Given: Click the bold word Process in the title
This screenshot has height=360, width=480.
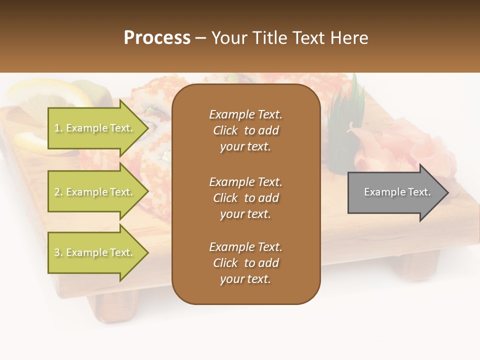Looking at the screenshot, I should [157, 38].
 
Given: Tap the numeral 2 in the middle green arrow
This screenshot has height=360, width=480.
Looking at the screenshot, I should [57, 192].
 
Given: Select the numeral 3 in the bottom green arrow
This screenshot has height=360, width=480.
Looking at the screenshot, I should [57, 252].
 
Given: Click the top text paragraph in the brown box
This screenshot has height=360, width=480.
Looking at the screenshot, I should [245, 130].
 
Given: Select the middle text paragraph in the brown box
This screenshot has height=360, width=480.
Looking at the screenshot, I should [245, 198].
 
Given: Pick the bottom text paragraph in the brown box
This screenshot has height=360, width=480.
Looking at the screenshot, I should [245, 263].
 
